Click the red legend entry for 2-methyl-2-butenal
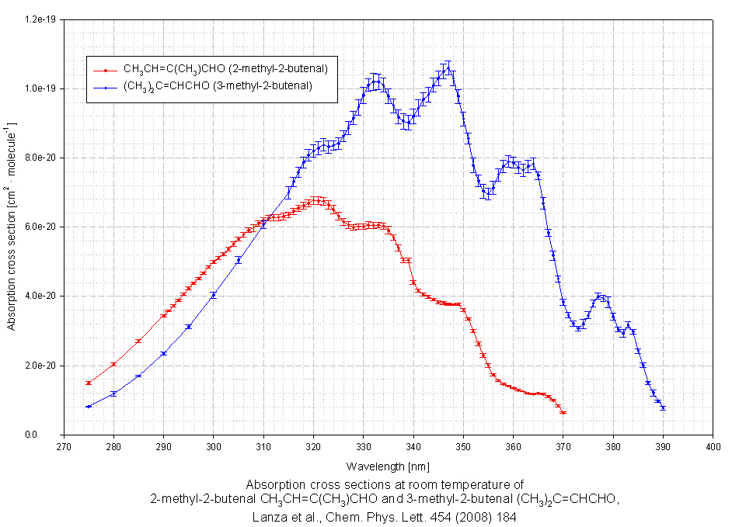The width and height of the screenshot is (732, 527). pyautogui.click(x=225, y=70)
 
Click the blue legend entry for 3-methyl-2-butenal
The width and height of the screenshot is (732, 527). pyautogui.click(x=217, y=86)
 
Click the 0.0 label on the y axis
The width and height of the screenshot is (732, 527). pyautogui.click(x=51, y=435)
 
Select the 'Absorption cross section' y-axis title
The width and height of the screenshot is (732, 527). pyautogui.click(x=12, y=226)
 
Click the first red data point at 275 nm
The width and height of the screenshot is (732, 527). pyautogui.click(x=89, y=383)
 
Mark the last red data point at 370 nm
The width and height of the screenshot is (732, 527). pyautogui.click(x=563, y=413)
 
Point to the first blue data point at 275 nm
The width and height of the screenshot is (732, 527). pyautogui.click(x=89, y=406)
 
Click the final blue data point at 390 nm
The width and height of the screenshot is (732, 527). pyautogui.click(x=663, y=408)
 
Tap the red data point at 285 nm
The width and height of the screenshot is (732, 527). pyautogui.click(x=138, y=341)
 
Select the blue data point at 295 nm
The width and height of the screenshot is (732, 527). pyautogui.click(x=188, y=327)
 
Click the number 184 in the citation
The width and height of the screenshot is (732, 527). pyautogui.click(x=507, y=516)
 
